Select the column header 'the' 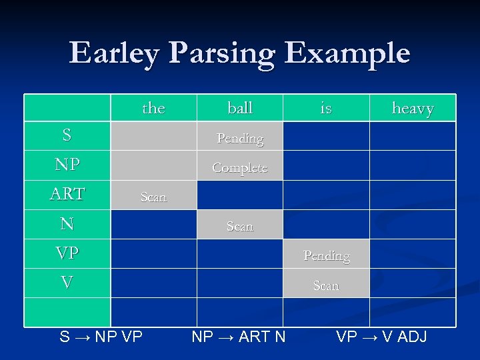[x=153, y=108]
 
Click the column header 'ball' [x=240, y=108]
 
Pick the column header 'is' [x=326, y=108]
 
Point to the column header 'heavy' [x=413, y=108]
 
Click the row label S [x=67, y=135]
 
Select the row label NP [x=67, y=165]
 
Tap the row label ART [x=67, y=194]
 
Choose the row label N [x=67, y=223]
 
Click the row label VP [x=67, y=253]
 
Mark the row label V [x=67, y=283]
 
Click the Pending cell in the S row [x=240, y=139]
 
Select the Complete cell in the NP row [x=240, y=168]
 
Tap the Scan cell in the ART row [x=153, y=197]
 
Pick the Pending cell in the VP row [x=326, y=255]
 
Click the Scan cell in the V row [x=326, y=285]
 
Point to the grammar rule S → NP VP [x=101, y=337]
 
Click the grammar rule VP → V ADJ [x=381, y=337]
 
